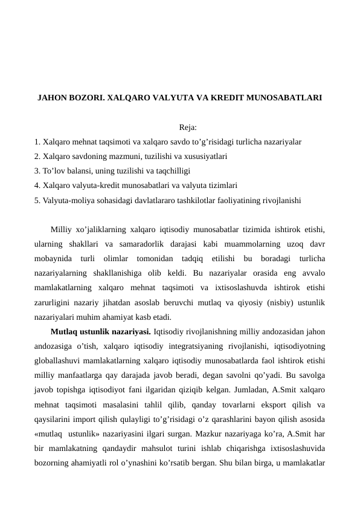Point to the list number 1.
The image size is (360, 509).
(37, 142)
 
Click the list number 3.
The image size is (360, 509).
(37, 170)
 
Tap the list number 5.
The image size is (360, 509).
(37, 199)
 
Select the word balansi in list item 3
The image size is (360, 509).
(76, 170)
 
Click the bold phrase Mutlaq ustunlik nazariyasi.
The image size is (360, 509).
(101, 331)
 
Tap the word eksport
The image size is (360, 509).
(272, 405)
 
